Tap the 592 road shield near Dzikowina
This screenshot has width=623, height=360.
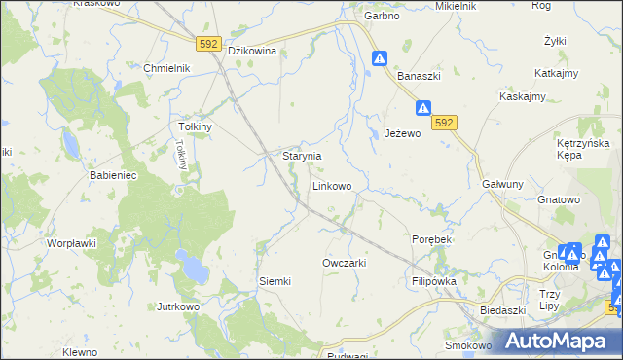[208, 44]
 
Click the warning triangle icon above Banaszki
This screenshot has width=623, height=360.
[379, 59]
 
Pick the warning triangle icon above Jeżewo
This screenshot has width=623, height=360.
[423, 109]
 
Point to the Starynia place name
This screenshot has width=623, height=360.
[302, 156]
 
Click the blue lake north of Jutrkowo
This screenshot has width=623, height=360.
[192, 264]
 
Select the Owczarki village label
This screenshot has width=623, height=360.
[344, 263]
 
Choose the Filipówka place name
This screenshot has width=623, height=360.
[434, 280]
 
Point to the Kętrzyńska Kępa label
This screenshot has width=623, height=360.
[582, 149]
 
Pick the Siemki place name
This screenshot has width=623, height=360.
[275, 281]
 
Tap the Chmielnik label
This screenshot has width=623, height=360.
[166, 68]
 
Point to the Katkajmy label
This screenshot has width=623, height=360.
[558, 73]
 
